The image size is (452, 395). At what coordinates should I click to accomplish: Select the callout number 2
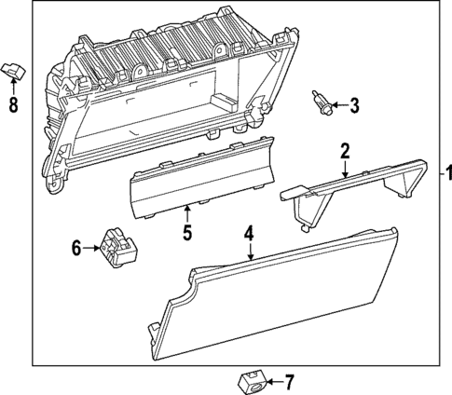pos(345,151)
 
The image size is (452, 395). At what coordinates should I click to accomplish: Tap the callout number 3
pos(354,106)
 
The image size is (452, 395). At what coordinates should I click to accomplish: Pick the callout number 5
pos(186,233)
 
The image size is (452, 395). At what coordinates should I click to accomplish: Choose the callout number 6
pos(77,248)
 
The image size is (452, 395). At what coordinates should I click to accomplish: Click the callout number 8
pos(13,105)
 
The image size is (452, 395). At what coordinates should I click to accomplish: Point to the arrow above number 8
pos(13,87)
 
